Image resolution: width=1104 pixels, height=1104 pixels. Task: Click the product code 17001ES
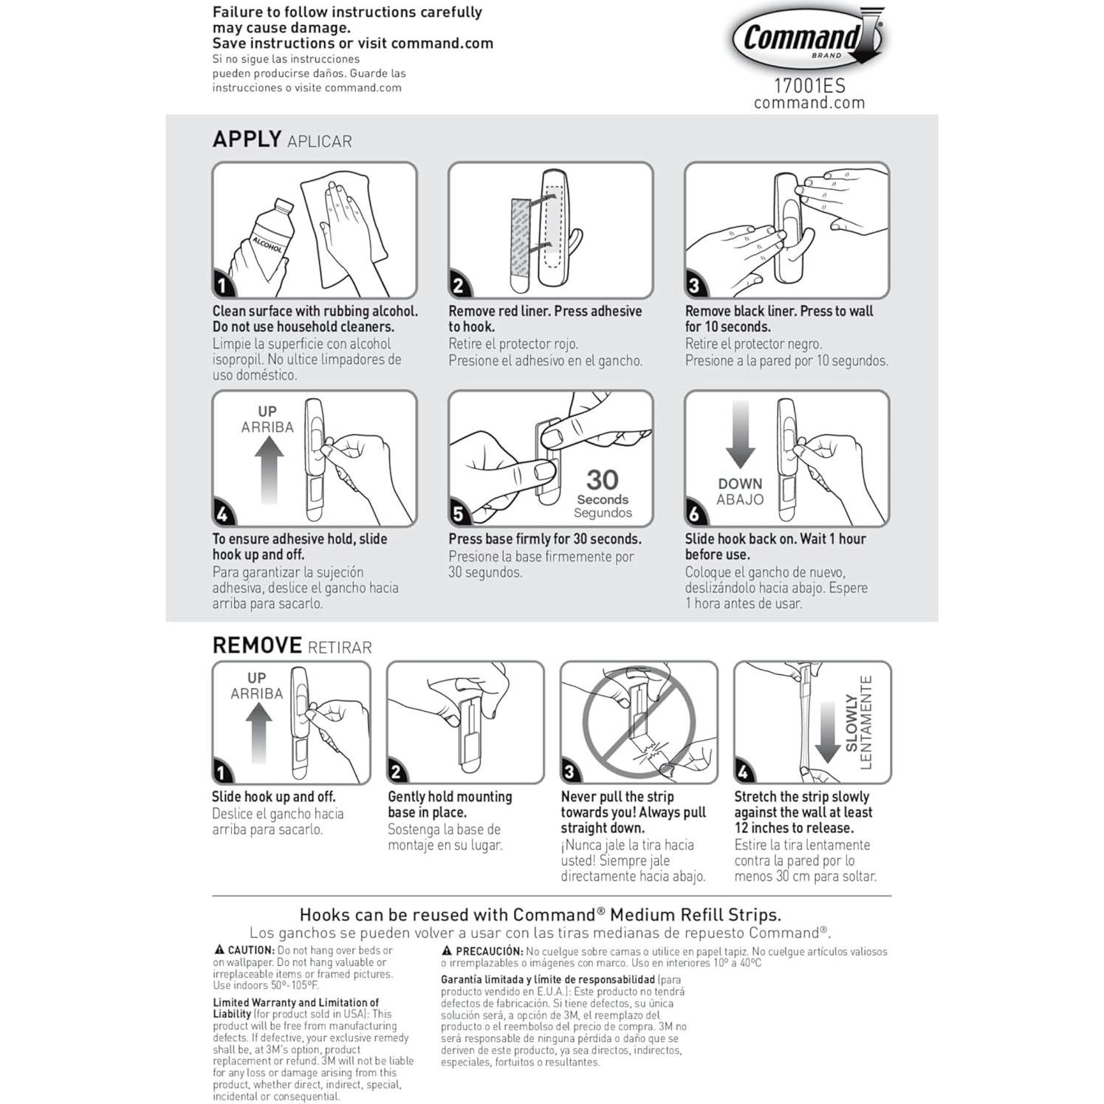tap(809, 86)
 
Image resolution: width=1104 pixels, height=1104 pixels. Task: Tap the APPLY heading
tap(247, 139)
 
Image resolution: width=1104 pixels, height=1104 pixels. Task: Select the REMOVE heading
tap(257, 645)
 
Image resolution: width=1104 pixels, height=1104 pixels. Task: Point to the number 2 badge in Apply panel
tap(459, 286)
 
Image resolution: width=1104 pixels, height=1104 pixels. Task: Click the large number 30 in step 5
tap(603, 480)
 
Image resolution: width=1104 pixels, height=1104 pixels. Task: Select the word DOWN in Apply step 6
tap(740, 484)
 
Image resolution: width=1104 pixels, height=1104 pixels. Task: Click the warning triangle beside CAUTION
tap(219, 950)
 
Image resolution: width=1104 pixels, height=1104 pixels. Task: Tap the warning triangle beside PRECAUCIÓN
tap(447, 951)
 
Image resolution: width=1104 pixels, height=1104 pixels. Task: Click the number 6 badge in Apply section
tap(695, 513)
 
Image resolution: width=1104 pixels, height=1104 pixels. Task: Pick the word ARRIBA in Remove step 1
tap(256, 693)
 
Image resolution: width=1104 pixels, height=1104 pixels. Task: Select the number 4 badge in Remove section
tap(744, 772)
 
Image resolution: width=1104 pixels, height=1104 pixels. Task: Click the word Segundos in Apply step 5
tap(603, 513)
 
